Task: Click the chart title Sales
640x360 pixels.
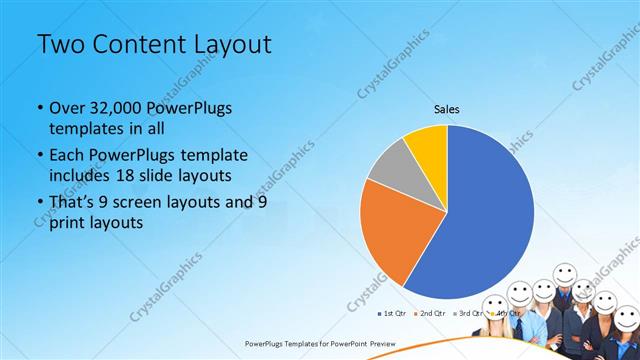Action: click(x=446, y=109)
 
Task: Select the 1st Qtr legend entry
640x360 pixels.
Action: click(x=393, y=313)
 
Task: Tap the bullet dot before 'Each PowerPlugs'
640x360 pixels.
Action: click(x=39, y=155)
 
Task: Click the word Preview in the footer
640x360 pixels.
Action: click(x=380, y=342)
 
